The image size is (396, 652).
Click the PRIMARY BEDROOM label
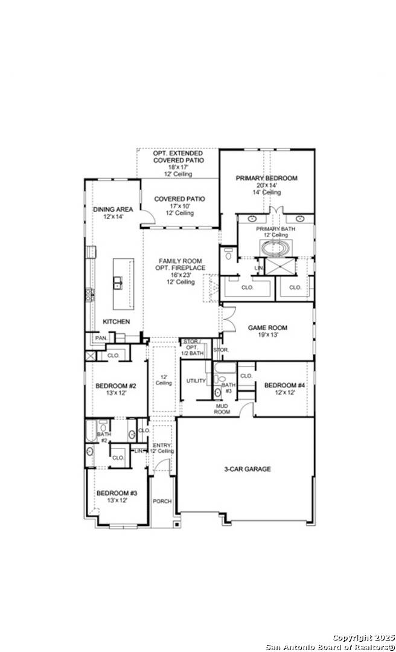click(x=266, y=178)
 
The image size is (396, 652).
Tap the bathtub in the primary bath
click(x=275, y=248)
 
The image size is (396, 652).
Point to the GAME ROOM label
click(x=267, y=328)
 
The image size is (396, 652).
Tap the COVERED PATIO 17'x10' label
click(x=179, y=199)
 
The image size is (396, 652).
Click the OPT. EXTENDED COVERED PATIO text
click(x=177, y=156)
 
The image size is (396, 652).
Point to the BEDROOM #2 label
click(x=115, y=386)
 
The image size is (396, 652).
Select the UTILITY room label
click(x=196, y=381)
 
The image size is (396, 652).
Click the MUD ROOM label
click(x=222, y=409)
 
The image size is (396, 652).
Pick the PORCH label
click(x=162, y=501)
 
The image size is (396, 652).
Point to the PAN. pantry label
click(x=100, y=338)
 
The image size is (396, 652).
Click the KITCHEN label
click(x=116, y=322)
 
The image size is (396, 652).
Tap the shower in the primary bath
click(x=282, y=266)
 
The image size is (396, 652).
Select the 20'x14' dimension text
click(x=266, y=185)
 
